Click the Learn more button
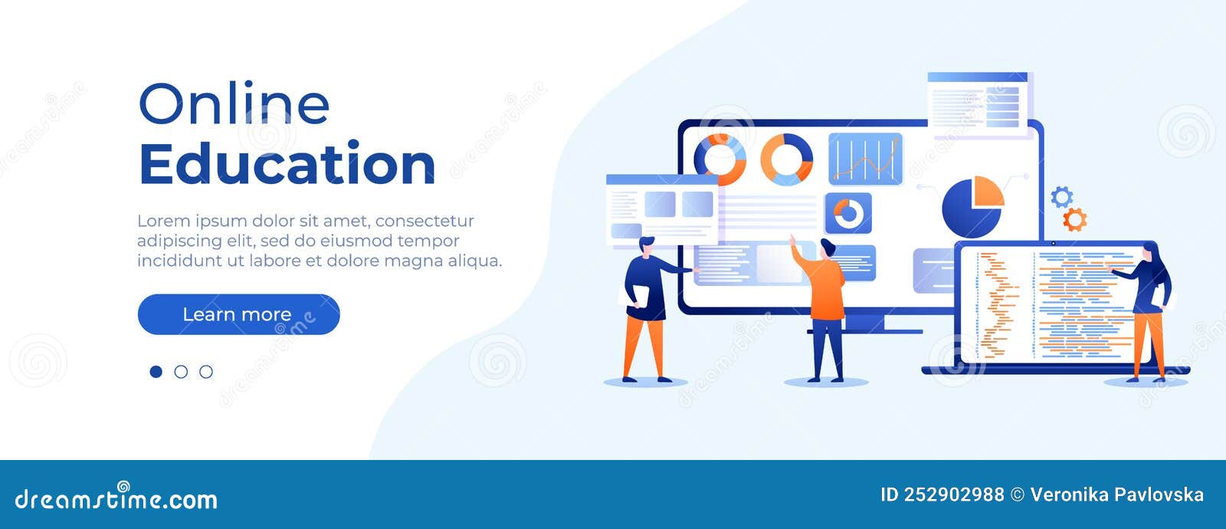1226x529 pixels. tap(238, 314)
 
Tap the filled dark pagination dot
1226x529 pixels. tap(156, 372)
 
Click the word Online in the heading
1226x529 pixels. tap(234, 104)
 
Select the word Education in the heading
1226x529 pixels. tap(287, 164)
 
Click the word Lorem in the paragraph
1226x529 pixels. tap(162, 221)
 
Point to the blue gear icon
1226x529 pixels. tap(1061, 197)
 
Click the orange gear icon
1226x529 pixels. tap(1074, 220)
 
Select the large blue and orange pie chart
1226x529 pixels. tap(972, 206)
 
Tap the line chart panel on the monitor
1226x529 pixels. tap(865, 159)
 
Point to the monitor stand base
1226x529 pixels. tap(881, 331)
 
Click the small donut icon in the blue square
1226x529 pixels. tap(847, 213)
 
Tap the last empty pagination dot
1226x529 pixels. tap(206, 372)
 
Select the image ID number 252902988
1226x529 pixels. tap(953, 495)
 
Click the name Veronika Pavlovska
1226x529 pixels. tap(1116, 495)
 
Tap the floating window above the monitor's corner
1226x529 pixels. tap(979, 103)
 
